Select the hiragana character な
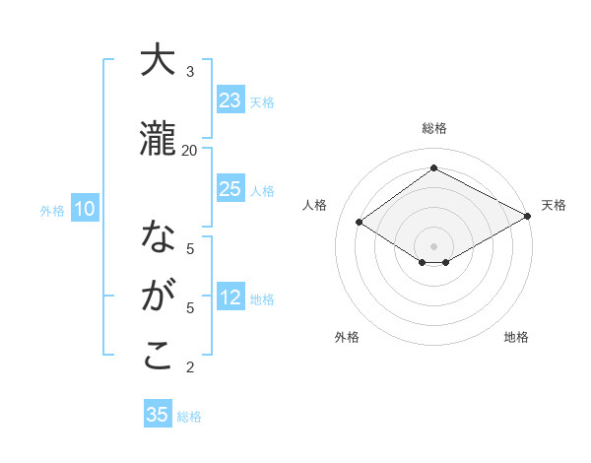tap(158, 237)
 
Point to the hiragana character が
tap(158, 296)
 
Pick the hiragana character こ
tap(158, 356)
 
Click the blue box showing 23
tap(230, 100)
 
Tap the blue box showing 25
tap(230, 190)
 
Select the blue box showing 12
tap(230, 298)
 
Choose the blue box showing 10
tap(84, 209)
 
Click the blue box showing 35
tap(158, 415)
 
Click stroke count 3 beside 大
tap(190, 72)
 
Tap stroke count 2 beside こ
tap(190, 367)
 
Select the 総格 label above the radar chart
tap(433, 128)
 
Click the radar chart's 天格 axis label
tap(554, 205)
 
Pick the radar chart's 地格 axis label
tap(516, 337)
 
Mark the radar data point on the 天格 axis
tap(529, 216)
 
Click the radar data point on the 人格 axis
tap(360, 223)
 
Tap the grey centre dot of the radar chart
tap(433, 245)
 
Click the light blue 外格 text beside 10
tap(51, 210)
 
